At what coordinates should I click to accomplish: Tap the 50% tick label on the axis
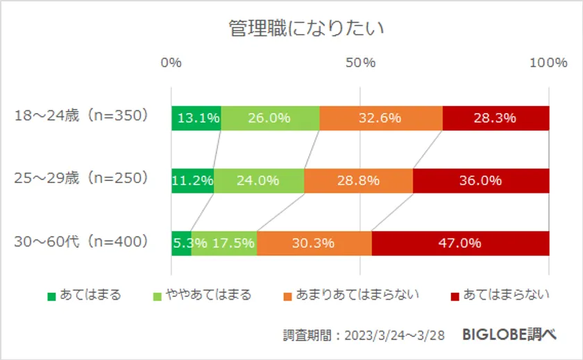[x=360, y=63]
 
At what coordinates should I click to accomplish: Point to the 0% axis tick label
[x=171, y=63]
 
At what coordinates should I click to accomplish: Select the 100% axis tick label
[x=548, y=63]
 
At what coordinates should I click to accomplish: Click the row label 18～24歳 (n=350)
[x=82, y=117]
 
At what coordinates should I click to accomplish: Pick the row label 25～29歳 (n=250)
[x=82, y=179]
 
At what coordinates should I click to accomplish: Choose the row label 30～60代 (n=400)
[x=82, y=242]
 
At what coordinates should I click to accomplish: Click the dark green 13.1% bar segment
[x=196, y=118]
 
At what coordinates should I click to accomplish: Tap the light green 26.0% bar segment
[x=270, y=118]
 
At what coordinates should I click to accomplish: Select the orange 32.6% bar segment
[x=381, y=118]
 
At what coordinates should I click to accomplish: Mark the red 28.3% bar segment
[x=496, y=118]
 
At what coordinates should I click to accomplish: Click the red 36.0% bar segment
[x=481, y=180]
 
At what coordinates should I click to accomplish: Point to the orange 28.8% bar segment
[x=358, y=180]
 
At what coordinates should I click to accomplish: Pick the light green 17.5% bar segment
[x=224, y=243]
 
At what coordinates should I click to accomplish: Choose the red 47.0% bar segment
[x=460, y=243]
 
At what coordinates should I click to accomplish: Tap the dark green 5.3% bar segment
[x=181, y=243]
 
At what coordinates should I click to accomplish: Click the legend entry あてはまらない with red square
[x=500, y=295]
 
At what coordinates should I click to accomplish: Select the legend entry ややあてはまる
[x=201, y=295]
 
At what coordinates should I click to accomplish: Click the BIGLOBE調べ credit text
[x=509, y=334]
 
